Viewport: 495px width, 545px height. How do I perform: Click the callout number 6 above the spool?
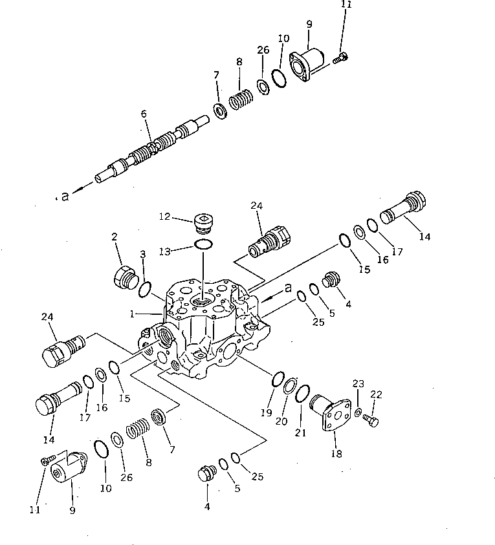pyautogui.click(x=144, y=114)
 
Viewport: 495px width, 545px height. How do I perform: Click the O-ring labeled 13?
pyautogui.click(x=203, y=244)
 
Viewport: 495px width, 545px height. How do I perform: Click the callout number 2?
pyautogui.click(x=115, y=238)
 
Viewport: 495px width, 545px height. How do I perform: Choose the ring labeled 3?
pyautogui.click(x=145, y=288)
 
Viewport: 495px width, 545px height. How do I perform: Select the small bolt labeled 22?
pyautogui.click(x=371, y=421)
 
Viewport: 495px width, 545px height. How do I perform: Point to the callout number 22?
pyautogui.click(x=376, y=394)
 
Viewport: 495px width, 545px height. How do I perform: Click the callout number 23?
pyautogui.click(x=358, y=383)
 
